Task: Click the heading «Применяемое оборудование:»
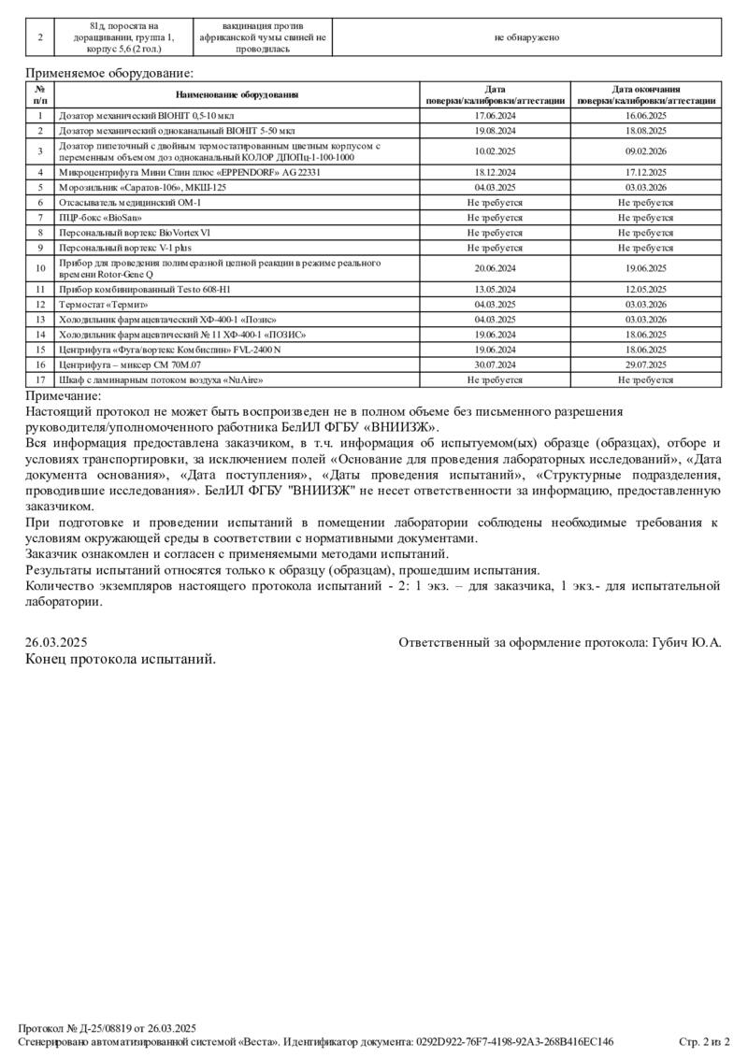pyautogui.click(x=109, y=72)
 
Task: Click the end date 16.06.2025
pyautogui.click(x=645, y=115)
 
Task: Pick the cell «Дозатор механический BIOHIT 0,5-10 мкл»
pyautogui.click(x=150, y=115)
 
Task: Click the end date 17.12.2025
pyautogui.click(x=645, y=173)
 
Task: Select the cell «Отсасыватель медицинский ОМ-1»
pyautogui.click(x=130, y=203)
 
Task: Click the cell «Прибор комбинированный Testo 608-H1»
pyautogui.click(x=144, y=290)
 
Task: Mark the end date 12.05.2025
pyautogui.click(x=645, y=290)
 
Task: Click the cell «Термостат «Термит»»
pyautogui.click(x=104, y=305)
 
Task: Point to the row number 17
pyautogui.click(x=40, y=379)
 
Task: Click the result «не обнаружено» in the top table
pyautogui.click(x=527, y=37)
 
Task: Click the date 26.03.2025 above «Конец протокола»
pyautogui.click(x=56, y=642)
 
